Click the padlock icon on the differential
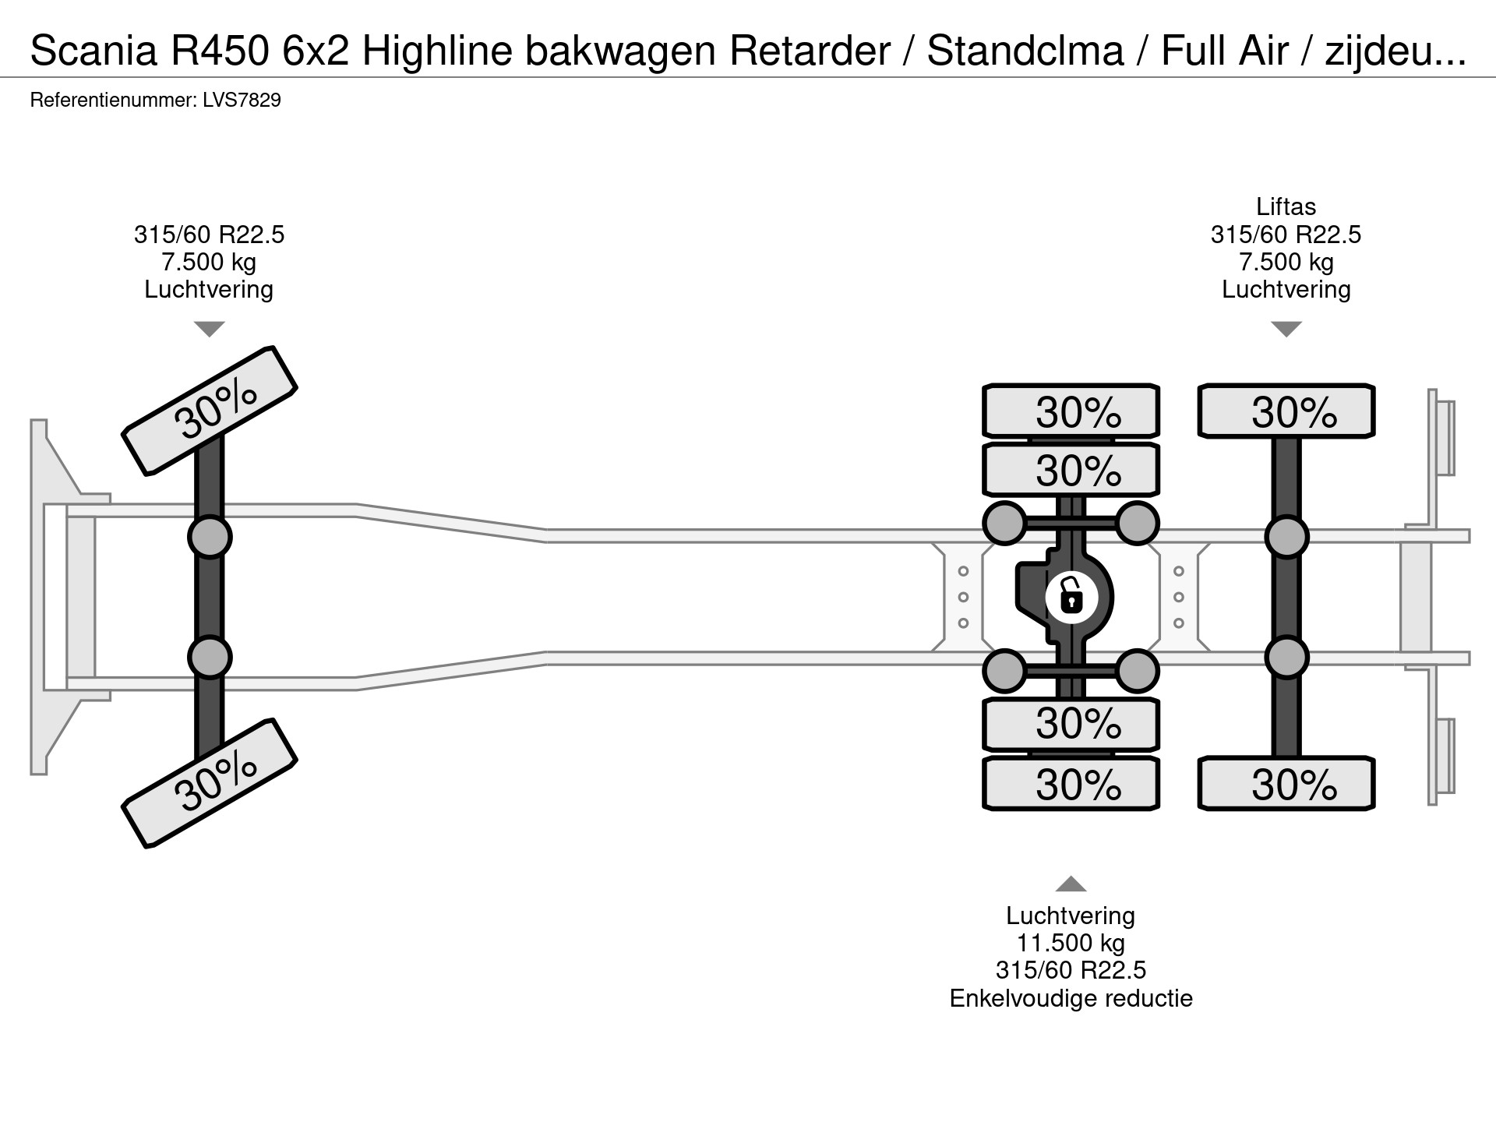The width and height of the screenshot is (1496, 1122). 1071,598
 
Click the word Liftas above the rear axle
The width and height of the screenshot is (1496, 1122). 1286,206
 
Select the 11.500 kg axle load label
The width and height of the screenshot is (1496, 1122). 1071,943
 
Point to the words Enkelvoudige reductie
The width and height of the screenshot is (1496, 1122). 1071,998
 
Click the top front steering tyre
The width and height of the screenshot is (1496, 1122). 210,410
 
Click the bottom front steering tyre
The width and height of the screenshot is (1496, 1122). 210,783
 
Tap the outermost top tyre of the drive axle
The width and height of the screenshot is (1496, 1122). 1071,411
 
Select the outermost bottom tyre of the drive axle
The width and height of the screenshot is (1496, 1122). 1071,784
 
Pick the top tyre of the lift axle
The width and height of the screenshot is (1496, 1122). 1286,411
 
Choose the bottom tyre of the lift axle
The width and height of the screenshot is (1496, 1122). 1286,784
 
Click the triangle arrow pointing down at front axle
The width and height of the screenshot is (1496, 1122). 209,329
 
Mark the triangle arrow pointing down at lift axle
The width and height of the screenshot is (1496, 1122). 1286,329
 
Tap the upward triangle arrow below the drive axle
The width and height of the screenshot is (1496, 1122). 1071,884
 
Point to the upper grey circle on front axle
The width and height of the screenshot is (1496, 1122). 210,536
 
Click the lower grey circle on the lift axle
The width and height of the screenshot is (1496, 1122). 1286,658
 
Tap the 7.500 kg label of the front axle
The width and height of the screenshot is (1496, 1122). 209,262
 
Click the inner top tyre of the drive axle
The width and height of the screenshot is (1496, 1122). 1071,470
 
